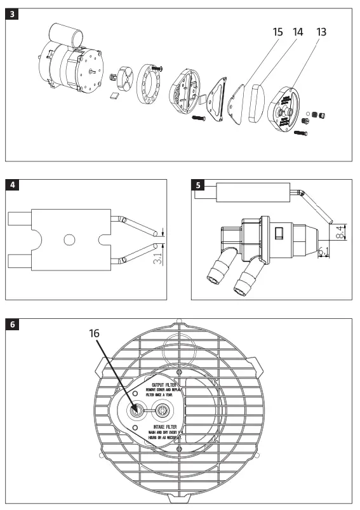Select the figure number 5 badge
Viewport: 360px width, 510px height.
click(x=199, y=185)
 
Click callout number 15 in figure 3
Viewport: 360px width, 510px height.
click(x=279, y=31)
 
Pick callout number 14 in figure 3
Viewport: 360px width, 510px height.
click(x=299, y=31)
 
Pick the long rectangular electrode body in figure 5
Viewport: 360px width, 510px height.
click(x=250, y=192)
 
